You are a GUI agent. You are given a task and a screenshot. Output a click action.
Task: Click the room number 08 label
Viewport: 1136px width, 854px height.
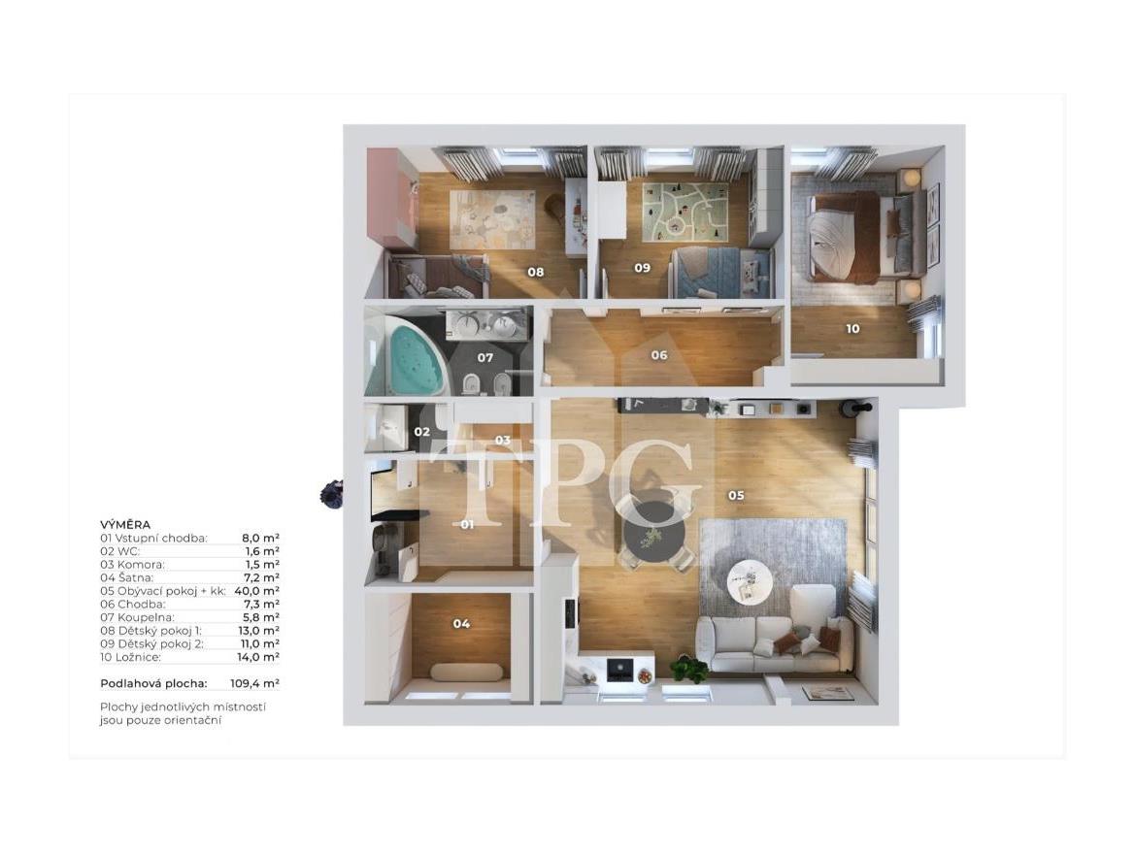pos(535,273)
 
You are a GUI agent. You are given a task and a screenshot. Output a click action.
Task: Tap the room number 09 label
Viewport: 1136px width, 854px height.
pos(643,268)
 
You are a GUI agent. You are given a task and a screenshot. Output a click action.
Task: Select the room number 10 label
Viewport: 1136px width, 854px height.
pos(852,329)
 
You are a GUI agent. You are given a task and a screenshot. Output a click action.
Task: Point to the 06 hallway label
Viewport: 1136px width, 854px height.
pos(658,355)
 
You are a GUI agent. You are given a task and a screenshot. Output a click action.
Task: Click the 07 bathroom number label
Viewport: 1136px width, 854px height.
pos(484,358)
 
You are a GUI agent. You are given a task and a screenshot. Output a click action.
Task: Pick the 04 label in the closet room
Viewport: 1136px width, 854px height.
pos(461,624)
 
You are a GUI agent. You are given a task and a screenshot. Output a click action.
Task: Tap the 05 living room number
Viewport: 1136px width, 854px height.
pos(736,496)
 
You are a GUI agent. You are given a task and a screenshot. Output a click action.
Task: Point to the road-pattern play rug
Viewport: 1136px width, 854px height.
pos(684,211)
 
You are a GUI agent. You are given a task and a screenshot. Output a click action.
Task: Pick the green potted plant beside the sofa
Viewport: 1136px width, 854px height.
pos(688,668)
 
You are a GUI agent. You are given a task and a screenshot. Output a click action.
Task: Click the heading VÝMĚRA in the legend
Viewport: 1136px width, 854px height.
pos(125,524)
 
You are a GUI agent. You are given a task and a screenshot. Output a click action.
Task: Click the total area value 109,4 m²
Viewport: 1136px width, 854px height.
pos(255,683)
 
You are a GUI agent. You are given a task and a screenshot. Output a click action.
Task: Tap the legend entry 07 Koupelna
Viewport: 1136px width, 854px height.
pos(139,617)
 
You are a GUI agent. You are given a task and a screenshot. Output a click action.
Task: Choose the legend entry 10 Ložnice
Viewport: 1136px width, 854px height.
pos(131,657)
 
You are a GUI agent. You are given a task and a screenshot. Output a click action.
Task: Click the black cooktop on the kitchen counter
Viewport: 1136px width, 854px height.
pos(619,669)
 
